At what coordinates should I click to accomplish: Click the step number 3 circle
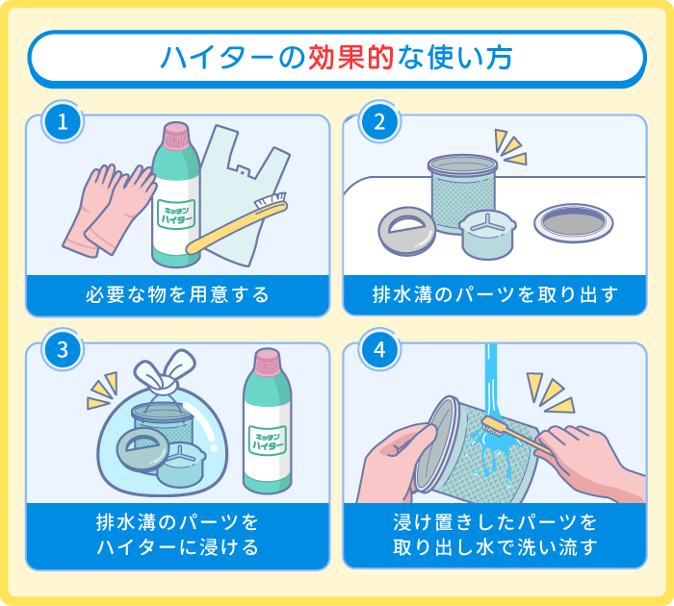coord(63,349)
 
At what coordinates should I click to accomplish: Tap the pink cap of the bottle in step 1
coord(176,136)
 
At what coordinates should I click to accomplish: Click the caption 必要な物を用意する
coord(175,294)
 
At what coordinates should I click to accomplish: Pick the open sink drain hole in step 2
coord(574,223)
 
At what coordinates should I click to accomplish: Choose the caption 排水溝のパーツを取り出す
coord(494,294)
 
